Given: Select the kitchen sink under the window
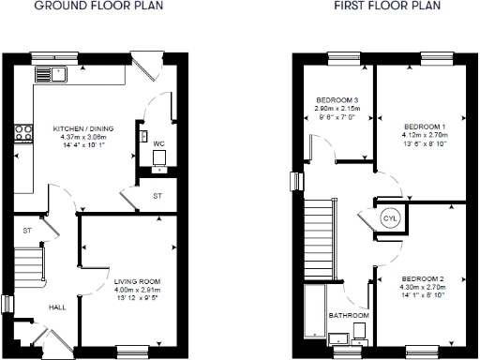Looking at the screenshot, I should [46, 75].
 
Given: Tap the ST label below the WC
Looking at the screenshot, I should [157, 195].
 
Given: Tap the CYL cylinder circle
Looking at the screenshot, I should [389, 219].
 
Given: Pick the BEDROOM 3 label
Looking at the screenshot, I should [337, 99].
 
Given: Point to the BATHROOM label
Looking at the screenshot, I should [348, 316].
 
